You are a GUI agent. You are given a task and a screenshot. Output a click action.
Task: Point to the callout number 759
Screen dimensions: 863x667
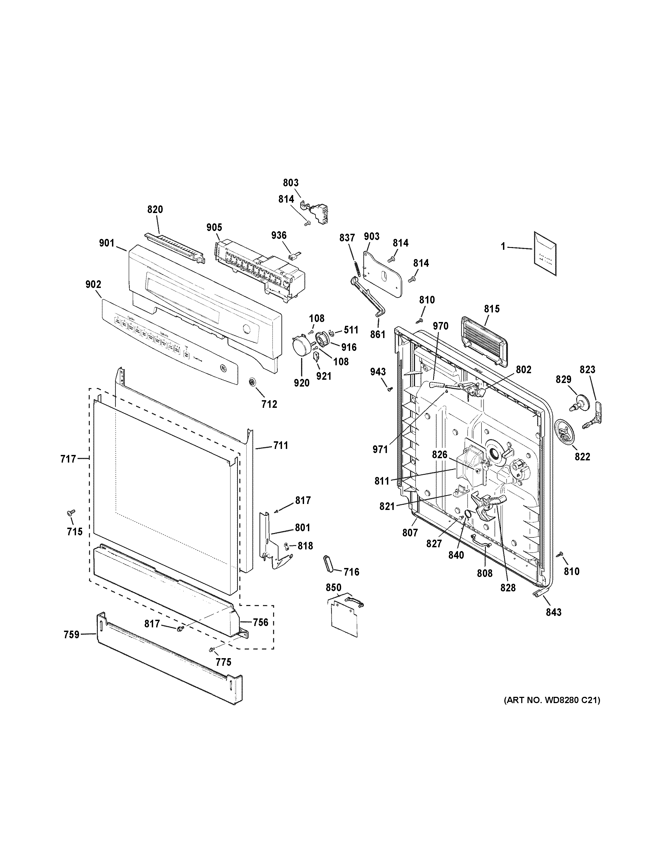pos(71,635)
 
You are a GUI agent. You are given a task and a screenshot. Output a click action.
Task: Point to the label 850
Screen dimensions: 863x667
pos(333,587)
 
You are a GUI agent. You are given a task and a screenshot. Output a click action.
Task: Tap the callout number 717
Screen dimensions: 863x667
pos(68,459)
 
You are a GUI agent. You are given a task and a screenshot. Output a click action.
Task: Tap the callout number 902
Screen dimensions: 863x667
pos(93,284)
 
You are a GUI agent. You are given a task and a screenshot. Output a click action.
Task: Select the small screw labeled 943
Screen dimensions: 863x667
pos(390,389)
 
